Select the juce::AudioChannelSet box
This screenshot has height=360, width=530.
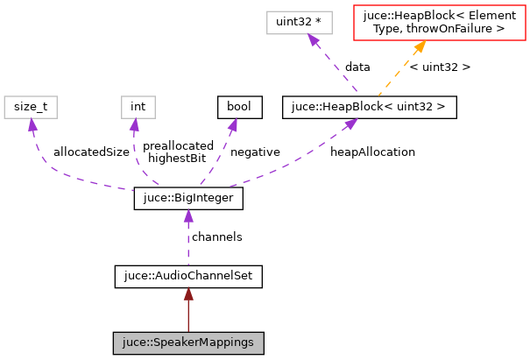point(187,277)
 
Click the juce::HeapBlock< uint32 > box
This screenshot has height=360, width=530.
point(369,108)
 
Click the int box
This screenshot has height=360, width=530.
point(138,108)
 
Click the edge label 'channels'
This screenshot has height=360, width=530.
point(216,237)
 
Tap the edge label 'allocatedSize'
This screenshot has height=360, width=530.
point(90,152)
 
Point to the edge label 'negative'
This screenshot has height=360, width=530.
point(254,152)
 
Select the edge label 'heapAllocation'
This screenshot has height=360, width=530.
point(372,152)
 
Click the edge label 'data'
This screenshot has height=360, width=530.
point(357,67)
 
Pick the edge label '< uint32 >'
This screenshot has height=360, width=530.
point(440,67)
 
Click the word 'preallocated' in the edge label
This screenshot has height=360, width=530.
point(178,145)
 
